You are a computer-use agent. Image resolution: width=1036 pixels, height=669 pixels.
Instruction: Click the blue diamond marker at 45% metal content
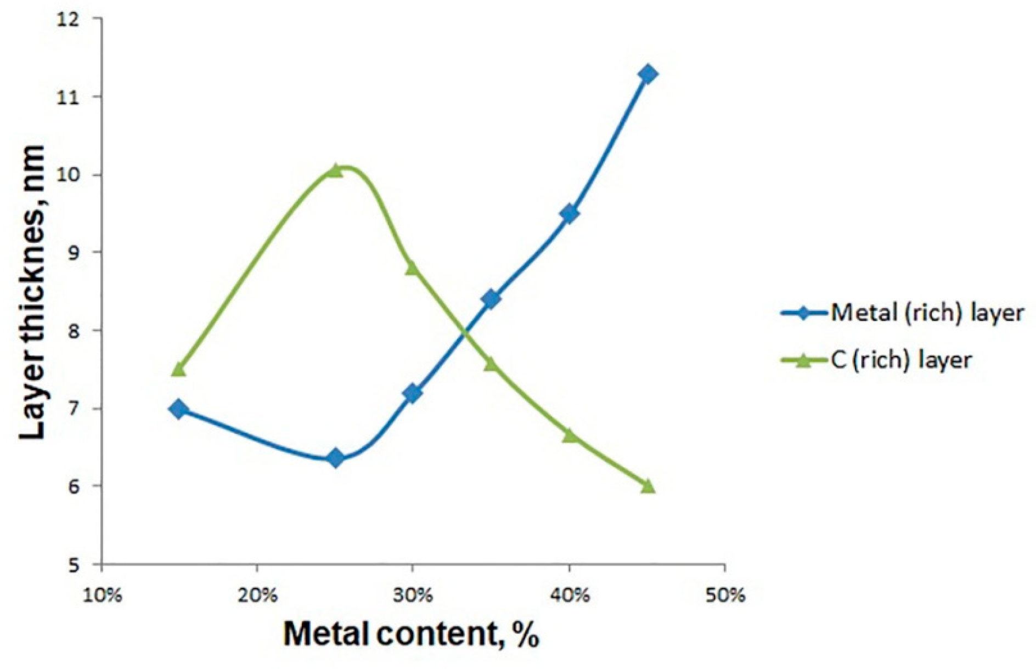pyautogui.click(x=648, y=74)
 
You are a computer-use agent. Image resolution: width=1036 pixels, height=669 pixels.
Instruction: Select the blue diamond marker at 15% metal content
pyautogui.click(x=178, y=409)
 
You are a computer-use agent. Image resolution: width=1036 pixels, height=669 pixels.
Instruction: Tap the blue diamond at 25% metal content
pyautogui.click(x=336, y=458)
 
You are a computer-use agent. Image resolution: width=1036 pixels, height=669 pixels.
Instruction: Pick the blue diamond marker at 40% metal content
pyautogui.click(x=570, y=213)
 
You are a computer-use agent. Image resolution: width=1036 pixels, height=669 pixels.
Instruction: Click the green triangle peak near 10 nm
pyautogui.click(x=335, y=171)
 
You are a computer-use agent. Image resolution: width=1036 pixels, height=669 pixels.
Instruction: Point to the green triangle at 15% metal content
pyautogui.click(x=178, y=370)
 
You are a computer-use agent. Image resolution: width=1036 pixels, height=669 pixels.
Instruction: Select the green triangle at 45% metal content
pyautogui.click(x=648, y=486)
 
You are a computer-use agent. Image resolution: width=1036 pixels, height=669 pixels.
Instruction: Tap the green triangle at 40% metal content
pyautogui.click(x=570, y=435)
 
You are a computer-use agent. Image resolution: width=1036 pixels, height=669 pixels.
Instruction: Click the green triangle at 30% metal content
pyautogui.click(x=413, y=268)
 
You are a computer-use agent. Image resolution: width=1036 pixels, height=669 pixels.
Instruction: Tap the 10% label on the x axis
pyautogui.click(x=102, y=596)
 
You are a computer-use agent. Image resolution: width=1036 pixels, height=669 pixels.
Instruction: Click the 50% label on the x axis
pyautogui.click(x=725, y=596)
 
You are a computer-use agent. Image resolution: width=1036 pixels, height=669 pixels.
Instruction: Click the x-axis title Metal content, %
pyautogui.click(x=411, y=634)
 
